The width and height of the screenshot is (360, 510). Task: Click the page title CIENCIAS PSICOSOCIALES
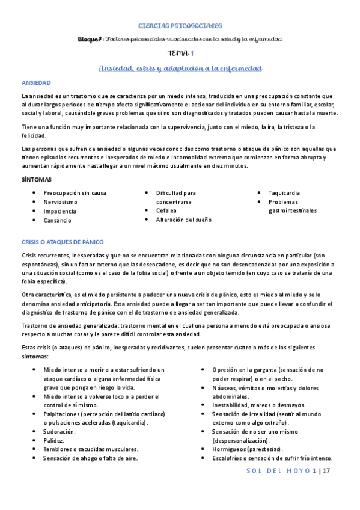click(180, 26)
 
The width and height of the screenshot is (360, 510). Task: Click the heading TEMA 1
click(180, 54)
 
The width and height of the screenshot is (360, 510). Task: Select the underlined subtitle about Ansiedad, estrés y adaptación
click(180, 69)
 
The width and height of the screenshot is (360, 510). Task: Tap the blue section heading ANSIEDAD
click(36, 82)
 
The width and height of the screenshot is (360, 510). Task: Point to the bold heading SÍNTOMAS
click(37, 180)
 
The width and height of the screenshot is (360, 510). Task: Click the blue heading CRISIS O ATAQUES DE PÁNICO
click(63, 242)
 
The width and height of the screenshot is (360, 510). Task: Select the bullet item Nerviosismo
click(60, 202)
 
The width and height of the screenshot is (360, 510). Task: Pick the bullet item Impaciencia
click(60, 211)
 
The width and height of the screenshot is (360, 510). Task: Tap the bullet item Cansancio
click(58, 220)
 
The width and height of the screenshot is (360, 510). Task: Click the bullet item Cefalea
click(166, 211)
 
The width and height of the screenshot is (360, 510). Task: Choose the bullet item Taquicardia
click(284, 193)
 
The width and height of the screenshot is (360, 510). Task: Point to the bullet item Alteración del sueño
click(184, 220)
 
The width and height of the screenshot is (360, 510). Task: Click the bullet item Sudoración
click(59, 431)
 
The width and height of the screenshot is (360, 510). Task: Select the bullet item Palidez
click(53, 440)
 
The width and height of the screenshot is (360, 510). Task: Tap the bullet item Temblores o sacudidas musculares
click(91, 449)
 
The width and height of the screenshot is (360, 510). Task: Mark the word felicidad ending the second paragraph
click(34, 137)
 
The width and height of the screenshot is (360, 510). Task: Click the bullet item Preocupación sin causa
click(75, 193)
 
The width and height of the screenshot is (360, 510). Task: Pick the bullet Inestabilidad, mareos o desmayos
click(258, 405)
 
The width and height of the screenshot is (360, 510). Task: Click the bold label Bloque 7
click(90, 39)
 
